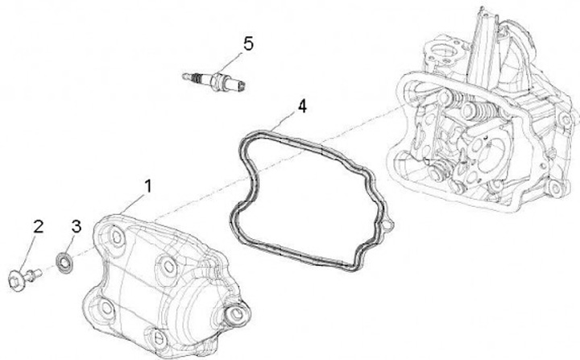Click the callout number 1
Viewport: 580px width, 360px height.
148,187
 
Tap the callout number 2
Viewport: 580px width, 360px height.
36,226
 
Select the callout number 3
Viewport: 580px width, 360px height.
76,226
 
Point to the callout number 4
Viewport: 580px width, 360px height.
302,106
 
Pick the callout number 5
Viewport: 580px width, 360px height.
248,43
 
